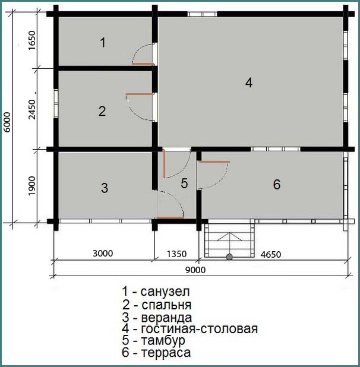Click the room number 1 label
click(103, 43)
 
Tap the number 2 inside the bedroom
click(102, 111)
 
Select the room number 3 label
click(105, 188)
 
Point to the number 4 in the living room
click(249, 83)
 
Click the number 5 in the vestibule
click(184, 183)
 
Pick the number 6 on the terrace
click(277, 185)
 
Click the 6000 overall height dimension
click(7, 122)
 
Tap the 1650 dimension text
click(31, 40)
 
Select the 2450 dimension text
click(31, 109)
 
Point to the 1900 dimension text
click(31, 186)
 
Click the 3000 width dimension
click(103, 253)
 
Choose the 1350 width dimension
click(176, 254)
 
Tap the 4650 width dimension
click(271, 254)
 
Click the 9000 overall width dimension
click(195, 270)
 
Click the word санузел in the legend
click(165, 292)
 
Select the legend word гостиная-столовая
click(199, 328)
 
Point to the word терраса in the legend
click(166, 353)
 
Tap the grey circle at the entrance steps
click(229, 257)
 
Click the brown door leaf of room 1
click(143, 64)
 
